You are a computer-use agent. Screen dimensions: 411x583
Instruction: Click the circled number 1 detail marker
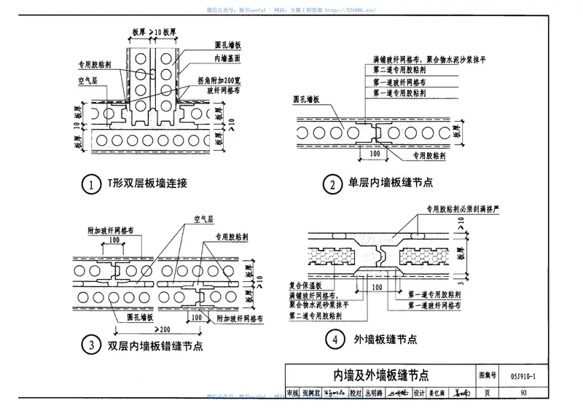[90, 186]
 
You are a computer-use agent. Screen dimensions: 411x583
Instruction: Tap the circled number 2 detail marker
[332, 186]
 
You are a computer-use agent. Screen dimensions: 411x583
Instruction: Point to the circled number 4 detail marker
[332, 340]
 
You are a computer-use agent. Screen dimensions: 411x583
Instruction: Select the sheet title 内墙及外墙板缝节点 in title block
[381, 376]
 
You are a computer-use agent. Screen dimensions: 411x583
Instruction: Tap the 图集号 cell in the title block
[488, 376]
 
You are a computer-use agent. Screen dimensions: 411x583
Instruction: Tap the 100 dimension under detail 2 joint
[375, 154]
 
